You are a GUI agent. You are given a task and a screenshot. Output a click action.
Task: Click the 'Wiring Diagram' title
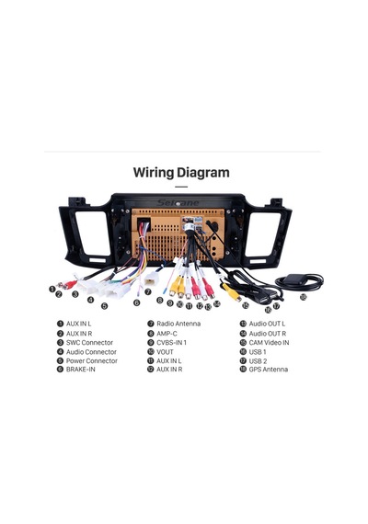[x=181, y=173]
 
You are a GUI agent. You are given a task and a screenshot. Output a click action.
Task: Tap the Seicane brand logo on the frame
[x=178, y=203]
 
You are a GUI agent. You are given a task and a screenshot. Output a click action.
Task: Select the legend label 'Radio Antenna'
[x=178, y=324]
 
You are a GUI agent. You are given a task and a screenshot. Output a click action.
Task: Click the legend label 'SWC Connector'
[x=89, y=343]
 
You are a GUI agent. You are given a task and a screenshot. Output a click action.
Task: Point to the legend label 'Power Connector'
[x=92, y=361]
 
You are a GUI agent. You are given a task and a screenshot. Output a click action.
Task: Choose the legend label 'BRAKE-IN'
[x=81, y=370]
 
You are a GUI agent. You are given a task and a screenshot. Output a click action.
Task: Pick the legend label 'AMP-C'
[x=167, y=334]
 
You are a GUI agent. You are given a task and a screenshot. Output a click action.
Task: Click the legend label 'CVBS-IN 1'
[x=171, y=343]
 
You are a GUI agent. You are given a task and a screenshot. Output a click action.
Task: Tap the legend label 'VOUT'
[x=165, y=352]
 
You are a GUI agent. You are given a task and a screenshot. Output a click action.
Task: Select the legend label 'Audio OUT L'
[x=267, y=324]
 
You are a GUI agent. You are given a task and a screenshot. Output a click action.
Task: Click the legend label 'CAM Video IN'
[x=269, y=343]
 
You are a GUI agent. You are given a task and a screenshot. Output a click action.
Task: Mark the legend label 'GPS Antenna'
[x=269, y=370]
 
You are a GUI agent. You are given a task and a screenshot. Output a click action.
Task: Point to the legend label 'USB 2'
[x=258, y=361]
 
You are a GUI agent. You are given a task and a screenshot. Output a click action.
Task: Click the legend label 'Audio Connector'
[x=91, y=352]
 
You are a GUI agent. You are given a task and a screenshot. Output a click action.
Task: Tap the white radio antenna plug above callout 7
[x=151, y=278]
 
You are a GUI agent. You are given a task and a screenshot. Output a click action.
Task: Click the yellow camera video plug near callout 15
[x=232, y=291]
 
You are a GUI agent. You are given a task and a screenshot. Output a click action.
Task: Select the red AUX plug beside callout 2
[x=70, y=285]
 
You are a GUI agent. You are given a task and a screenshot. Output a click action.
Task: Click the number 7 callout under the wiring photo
[x=148, y=292]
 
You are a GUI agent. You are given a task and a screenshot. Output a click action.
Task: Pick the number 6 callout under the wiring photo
[x=136, y=302]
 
